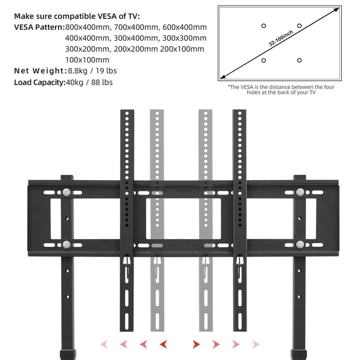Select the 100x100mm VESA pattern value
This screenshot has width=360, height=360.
point(87,60)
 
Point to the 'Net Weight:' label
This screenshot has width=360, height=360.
point(40,71)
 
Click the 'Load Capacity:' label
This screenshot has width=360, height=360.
point(40,82)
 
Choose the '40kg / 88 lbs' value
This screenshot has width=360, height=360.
point(89,82)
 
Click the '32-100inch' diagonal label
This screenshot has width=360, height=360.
point(281,39)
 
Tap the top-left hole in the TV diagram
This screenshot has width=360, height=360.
point(264,26)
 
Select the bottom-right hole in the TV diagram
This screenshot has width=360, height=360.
point(299,60)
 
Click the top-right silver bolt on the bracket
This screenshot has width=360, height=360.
point(300,192)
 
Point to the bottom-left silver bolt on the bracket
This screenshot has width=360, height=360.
point(67,245)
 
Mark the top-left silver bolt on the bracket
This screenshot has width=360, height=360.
point(67,192)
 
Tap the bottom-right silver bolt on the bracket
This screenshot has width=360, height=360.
point(300,245)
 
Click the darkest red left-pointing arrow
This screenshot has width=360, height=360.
point(163,344)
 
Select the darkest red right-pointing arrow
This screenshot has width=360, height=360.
point(196,344)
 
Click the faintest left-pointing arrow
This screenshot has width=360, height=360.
point(104,344)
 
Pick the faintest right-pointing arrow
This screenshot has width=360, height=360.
point(255,344)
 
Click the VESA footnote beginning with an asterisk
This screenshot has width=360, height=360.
point(281,90)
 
